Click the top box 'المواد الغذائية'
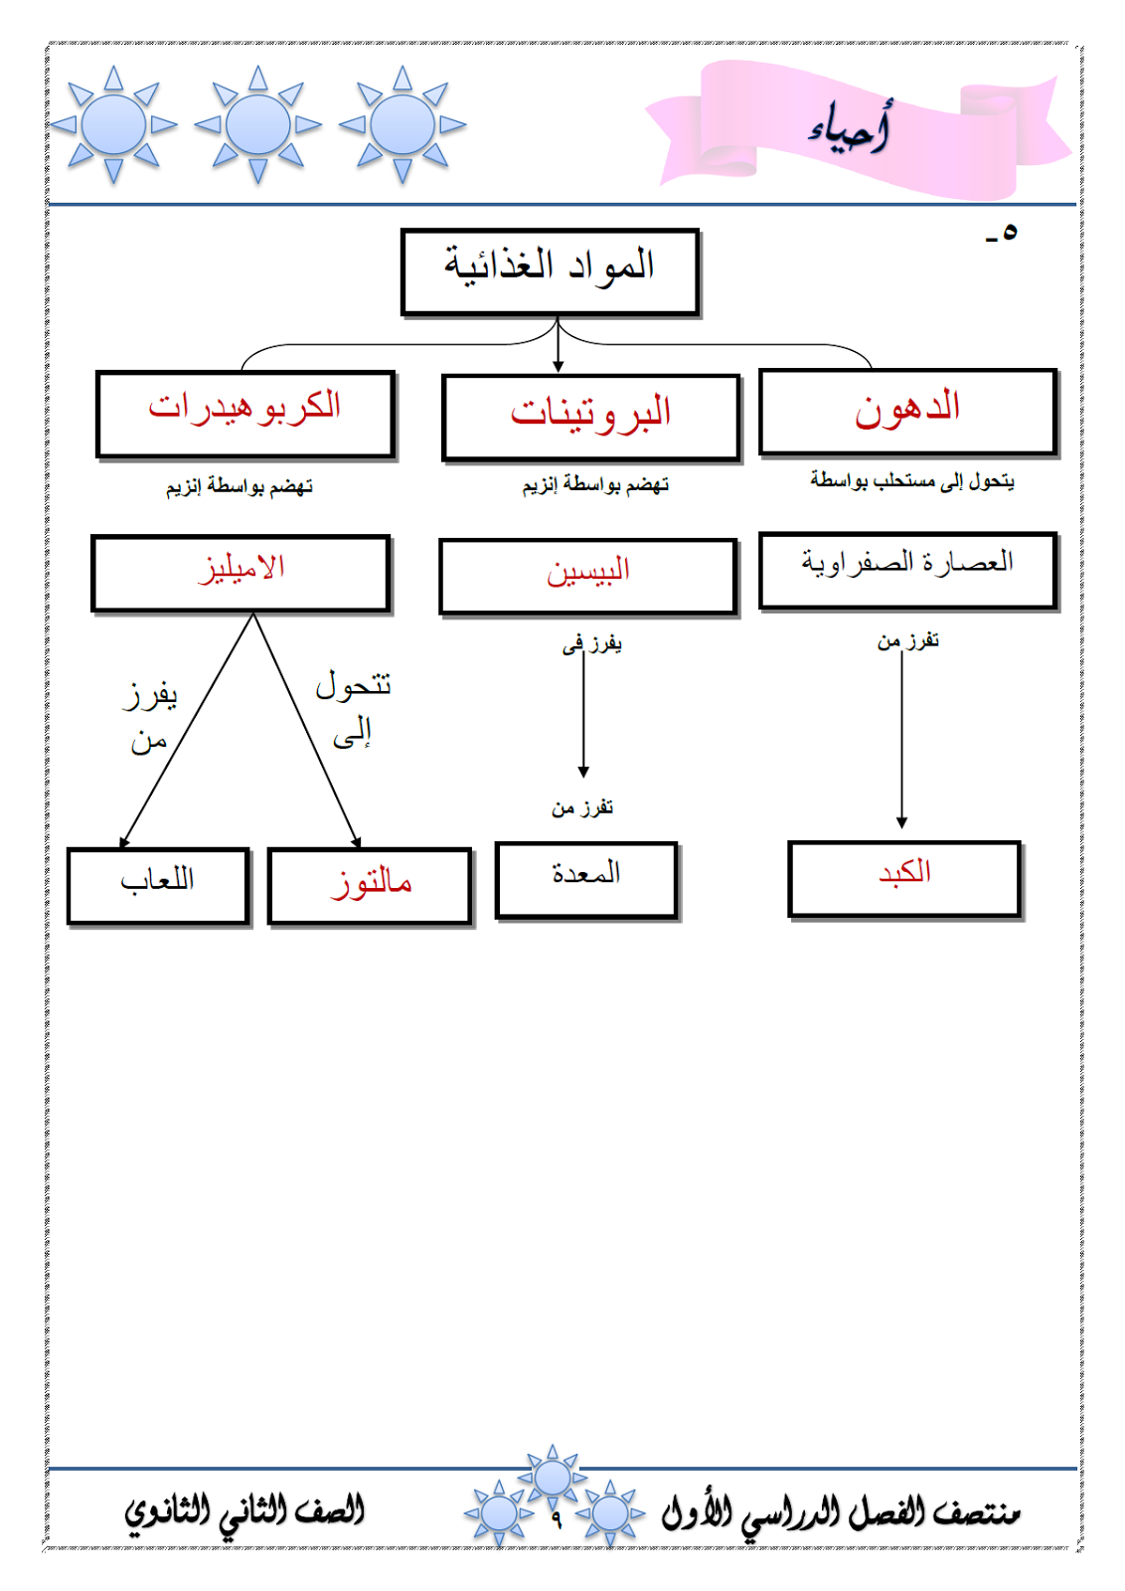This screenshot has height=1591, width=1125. click(550, 270)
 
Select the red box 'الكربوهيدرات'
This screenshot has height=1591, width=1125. click(245, 414)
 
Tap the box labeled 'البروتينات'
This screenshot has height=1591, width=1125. click(591, 418)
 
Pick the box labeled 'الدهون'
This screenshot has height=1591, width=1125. click(907, 412)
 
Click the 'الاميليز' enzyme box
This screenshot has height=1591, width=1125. click(241, 573)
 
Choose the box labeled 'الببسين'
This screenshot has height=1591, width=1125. click(587, 576)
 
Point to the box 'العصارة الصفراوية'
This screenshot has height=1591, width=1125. click(907, 569)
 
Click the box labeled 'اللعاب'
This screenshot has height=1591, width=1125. click(157, 884)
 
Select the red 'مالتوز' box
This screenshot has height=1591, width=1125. click(370, 885)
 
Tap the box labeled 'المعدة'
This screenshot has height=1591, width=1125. click(586, 879)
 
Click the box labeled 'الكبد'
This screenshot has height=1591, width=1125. click(904, 878)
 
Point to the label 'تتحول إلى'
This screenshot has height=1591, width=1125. click(353, 708)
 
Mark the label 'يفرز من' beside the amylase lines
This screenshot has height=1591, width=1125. click(149, 716)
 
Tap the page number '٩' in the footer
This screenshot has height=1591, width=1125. click(557, 1519)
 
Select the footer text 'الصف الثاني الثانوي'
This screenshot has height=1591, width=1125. click(244, 1512)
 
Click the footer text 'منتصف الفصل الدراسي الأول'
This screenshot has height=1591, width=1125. click(841, 1512)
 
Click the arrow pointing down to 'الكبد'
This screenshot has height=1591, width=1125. click(901, 736)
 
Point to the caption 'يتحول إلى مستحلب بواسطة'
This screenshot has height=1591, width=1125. click(911, 481)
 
